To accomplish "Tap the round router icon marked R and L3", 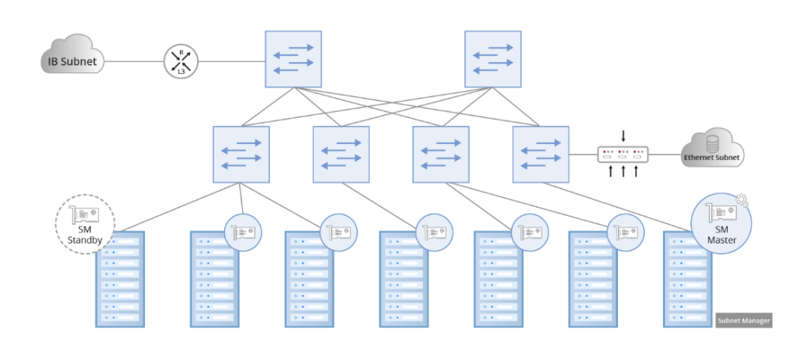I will tap(181, 60).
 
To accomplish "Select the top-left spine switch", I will tap(293, 58).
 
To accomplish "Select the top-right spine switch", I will tap(492, 58).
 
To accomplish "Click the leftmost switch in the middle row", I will tap(241, 154).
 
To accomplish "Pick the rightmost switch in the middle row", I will tap(540, 154).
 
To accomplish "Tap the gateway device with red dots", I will tap(623, 155).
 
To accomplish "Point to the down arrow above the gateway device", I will tap(623, 137).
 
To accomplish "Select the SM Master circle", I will tap(721, 223).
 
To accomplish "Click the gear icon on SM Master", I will tap(742, 200).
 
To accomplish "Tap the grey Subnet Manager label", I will tap(743, 320).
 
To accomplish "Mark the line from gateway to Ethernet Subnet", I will tap(665, 155).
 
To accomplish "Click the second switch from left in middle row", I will tap(341, 154).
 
